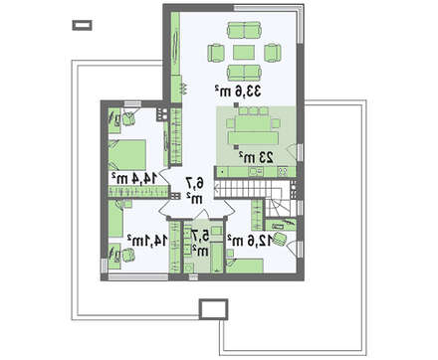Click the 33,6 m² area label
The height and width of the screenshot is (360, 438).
coord(238,90)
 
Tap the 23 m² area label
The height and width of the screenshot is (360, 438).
coord(257,157)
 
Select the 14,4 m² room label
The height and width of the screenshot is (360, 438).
coord(134,178)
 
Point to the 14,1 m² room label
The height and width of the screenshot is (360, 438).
coord(147,241)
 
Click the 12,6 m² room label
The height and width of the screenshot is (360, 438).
coord(250,241)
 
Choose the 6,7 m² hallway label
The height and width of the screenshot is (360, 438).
coord(194,190)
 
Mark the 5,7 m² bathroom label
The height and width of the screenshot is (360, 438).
coord(200,243)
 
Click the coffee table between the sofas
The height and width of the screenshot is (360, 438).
coord(244,53)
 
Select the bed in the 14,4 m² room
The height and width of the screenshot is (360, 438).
coord(127,155)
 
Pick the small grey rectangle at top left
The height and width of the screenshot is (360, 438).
coord(83,25)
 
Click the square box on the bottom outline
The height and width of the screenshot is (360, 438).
coord(213,309)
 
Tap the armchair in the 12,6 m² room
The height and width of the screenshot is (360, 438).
coord(281,239)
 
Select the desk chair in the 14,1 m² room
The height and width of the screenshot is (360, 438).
coord(127,256)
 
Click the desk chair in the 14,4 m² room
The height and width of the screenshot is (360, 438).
coord(128,117)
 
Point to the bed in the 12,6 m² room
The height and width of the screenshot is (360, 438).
coord(246,266)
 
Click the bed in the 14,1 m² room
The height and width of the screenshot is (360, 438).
coord(115,219)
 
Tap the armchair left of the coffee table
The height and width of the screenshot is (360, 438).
coord(216,53)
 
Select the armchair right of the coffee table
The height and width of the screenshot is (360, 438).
coord(273,53)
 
